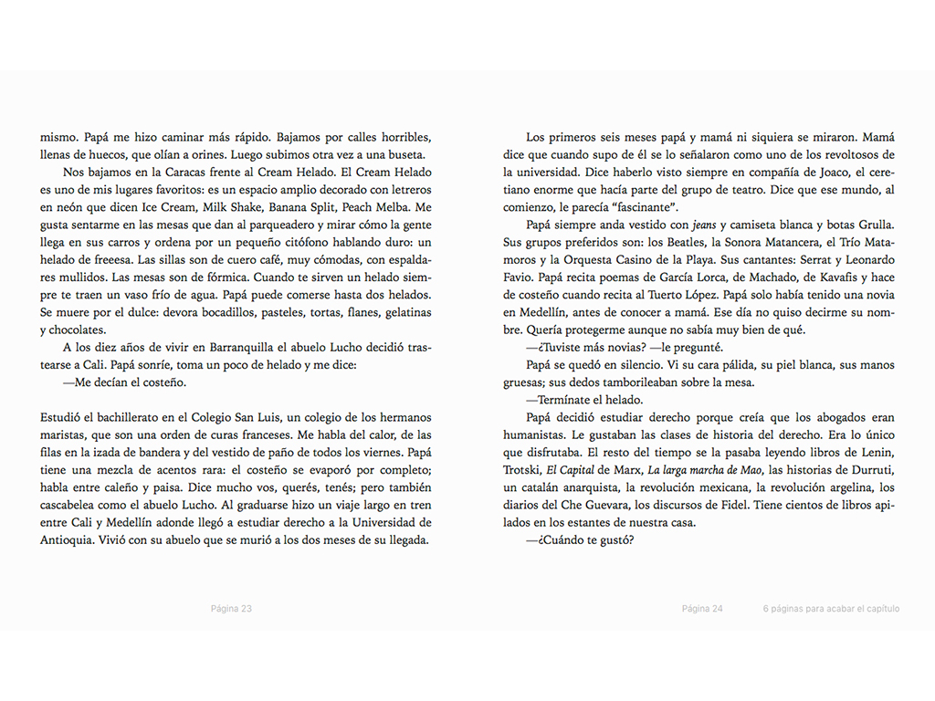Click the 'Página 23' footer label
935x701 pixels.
coord(231,609)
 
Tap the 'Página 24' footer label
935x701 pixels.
coord(702,609)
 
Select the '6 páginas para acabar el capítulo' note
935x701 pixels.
coord(831,609)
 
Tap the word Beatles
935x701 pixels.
coord(677,242)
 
